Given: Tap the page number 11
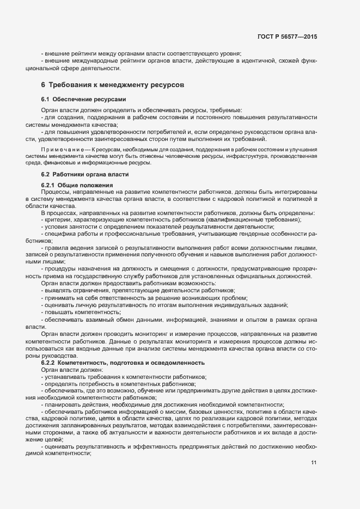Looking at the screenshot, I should click(x=313, y=463).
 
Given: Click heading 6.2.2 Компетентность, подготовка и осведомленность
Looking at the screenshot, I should click(x=123, y=362).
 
